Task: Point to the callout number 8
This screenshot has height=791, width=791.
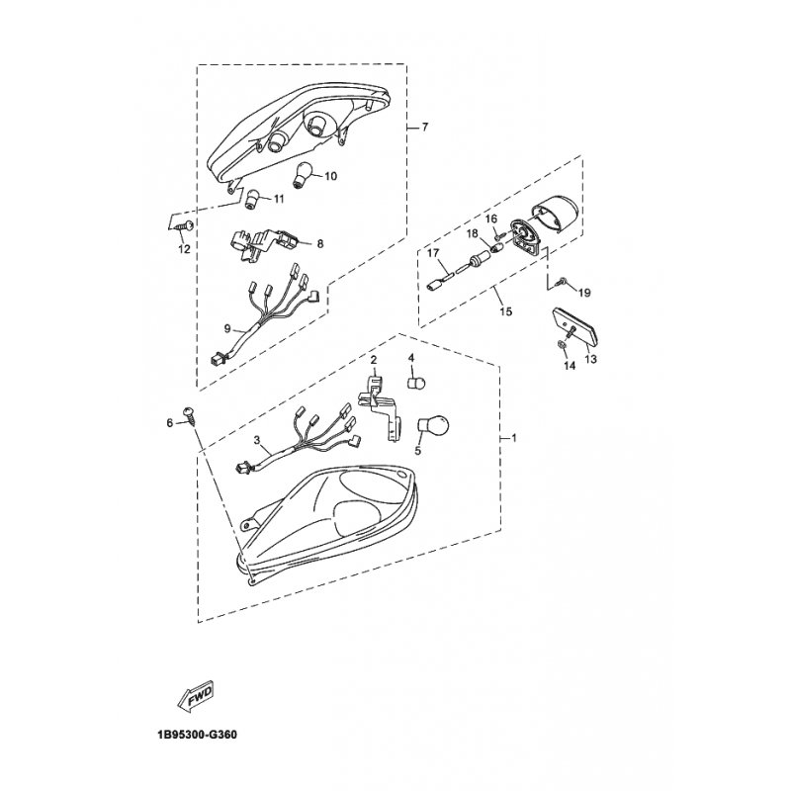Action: coord(319,242)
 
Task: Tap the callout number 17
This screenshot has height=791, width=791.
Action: coord(432,254)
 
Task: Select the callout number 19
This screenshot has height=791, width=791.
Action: coord(583,293)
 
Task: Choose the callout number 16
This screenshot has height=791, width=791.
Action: coord(490,218)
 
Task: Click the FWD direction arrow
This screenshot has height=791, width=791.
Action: coord(200,697)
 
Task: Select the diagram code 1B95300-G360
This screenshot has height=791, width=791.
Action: coord(195,736)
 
